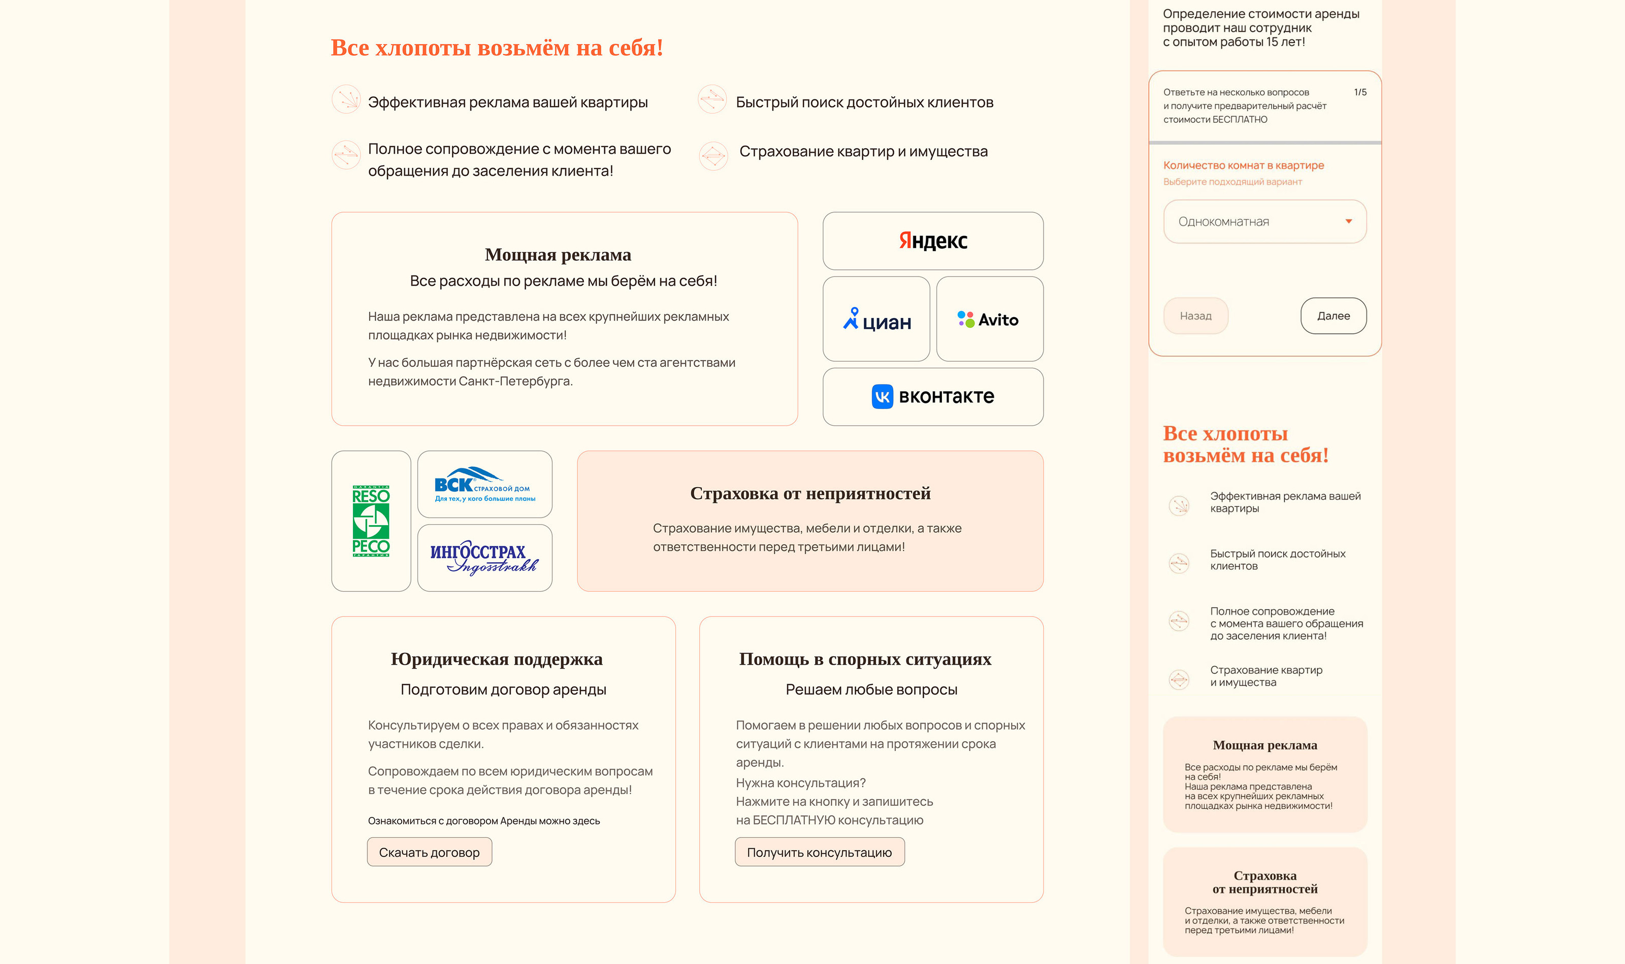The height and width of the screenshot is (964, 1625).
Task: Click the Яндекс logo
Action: point(933,240)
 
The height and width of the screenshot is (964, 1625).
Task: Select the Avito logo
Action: point(989,319)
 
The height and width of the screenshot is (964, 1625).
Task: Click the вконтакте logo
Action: point(933,396)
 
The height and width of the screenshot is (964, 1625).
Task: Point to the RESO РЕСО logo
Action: point(371,521)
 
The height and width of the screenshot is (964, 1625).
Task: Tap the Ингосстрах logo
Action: point(484,558)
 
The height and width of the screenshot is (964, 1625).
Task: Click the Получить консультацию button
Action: point(819,852)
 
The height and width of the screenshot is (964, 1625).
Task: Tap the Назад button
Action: point(1195,316)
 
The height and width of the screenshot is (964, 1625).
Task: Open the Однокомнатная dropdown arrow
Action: point(1349,222)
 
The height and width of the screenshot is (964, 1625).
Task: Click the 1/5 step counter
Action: point(1360,92)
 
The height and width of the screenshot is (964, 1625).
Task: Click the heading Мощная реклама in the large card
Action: point(558,255)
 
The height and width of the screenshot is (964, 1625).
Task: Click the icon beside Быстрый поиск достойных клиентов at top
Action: point(712,99)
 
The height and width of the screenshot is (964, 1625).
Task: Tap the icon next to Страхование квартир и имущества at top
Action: point(713,155)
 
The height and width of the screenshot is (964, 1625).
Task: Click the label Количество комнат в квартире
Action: point(1243,165)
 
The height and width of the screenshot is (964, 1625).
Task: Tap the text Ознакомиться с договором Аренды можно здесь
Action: point(483,820)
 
